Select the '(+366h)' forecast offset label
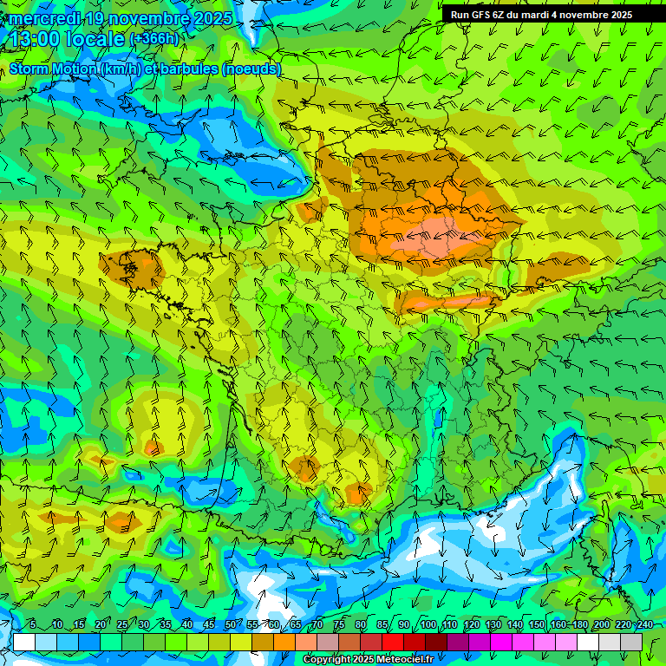click(155, 39)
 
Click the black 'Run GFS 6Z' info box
click(553, 14)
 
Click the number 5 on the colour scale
click(33, 624)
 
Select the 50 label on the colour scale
click(231, 624)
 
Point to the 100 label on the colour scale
click(428, 624)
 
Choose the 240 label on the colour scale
click(645, 624)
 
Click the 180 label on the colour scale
click(580, 624)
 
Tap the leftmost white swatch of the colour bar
click(24, 642)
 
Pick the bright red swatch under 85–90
click(393, 642)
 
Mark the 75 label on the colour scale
click(339, 624)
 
